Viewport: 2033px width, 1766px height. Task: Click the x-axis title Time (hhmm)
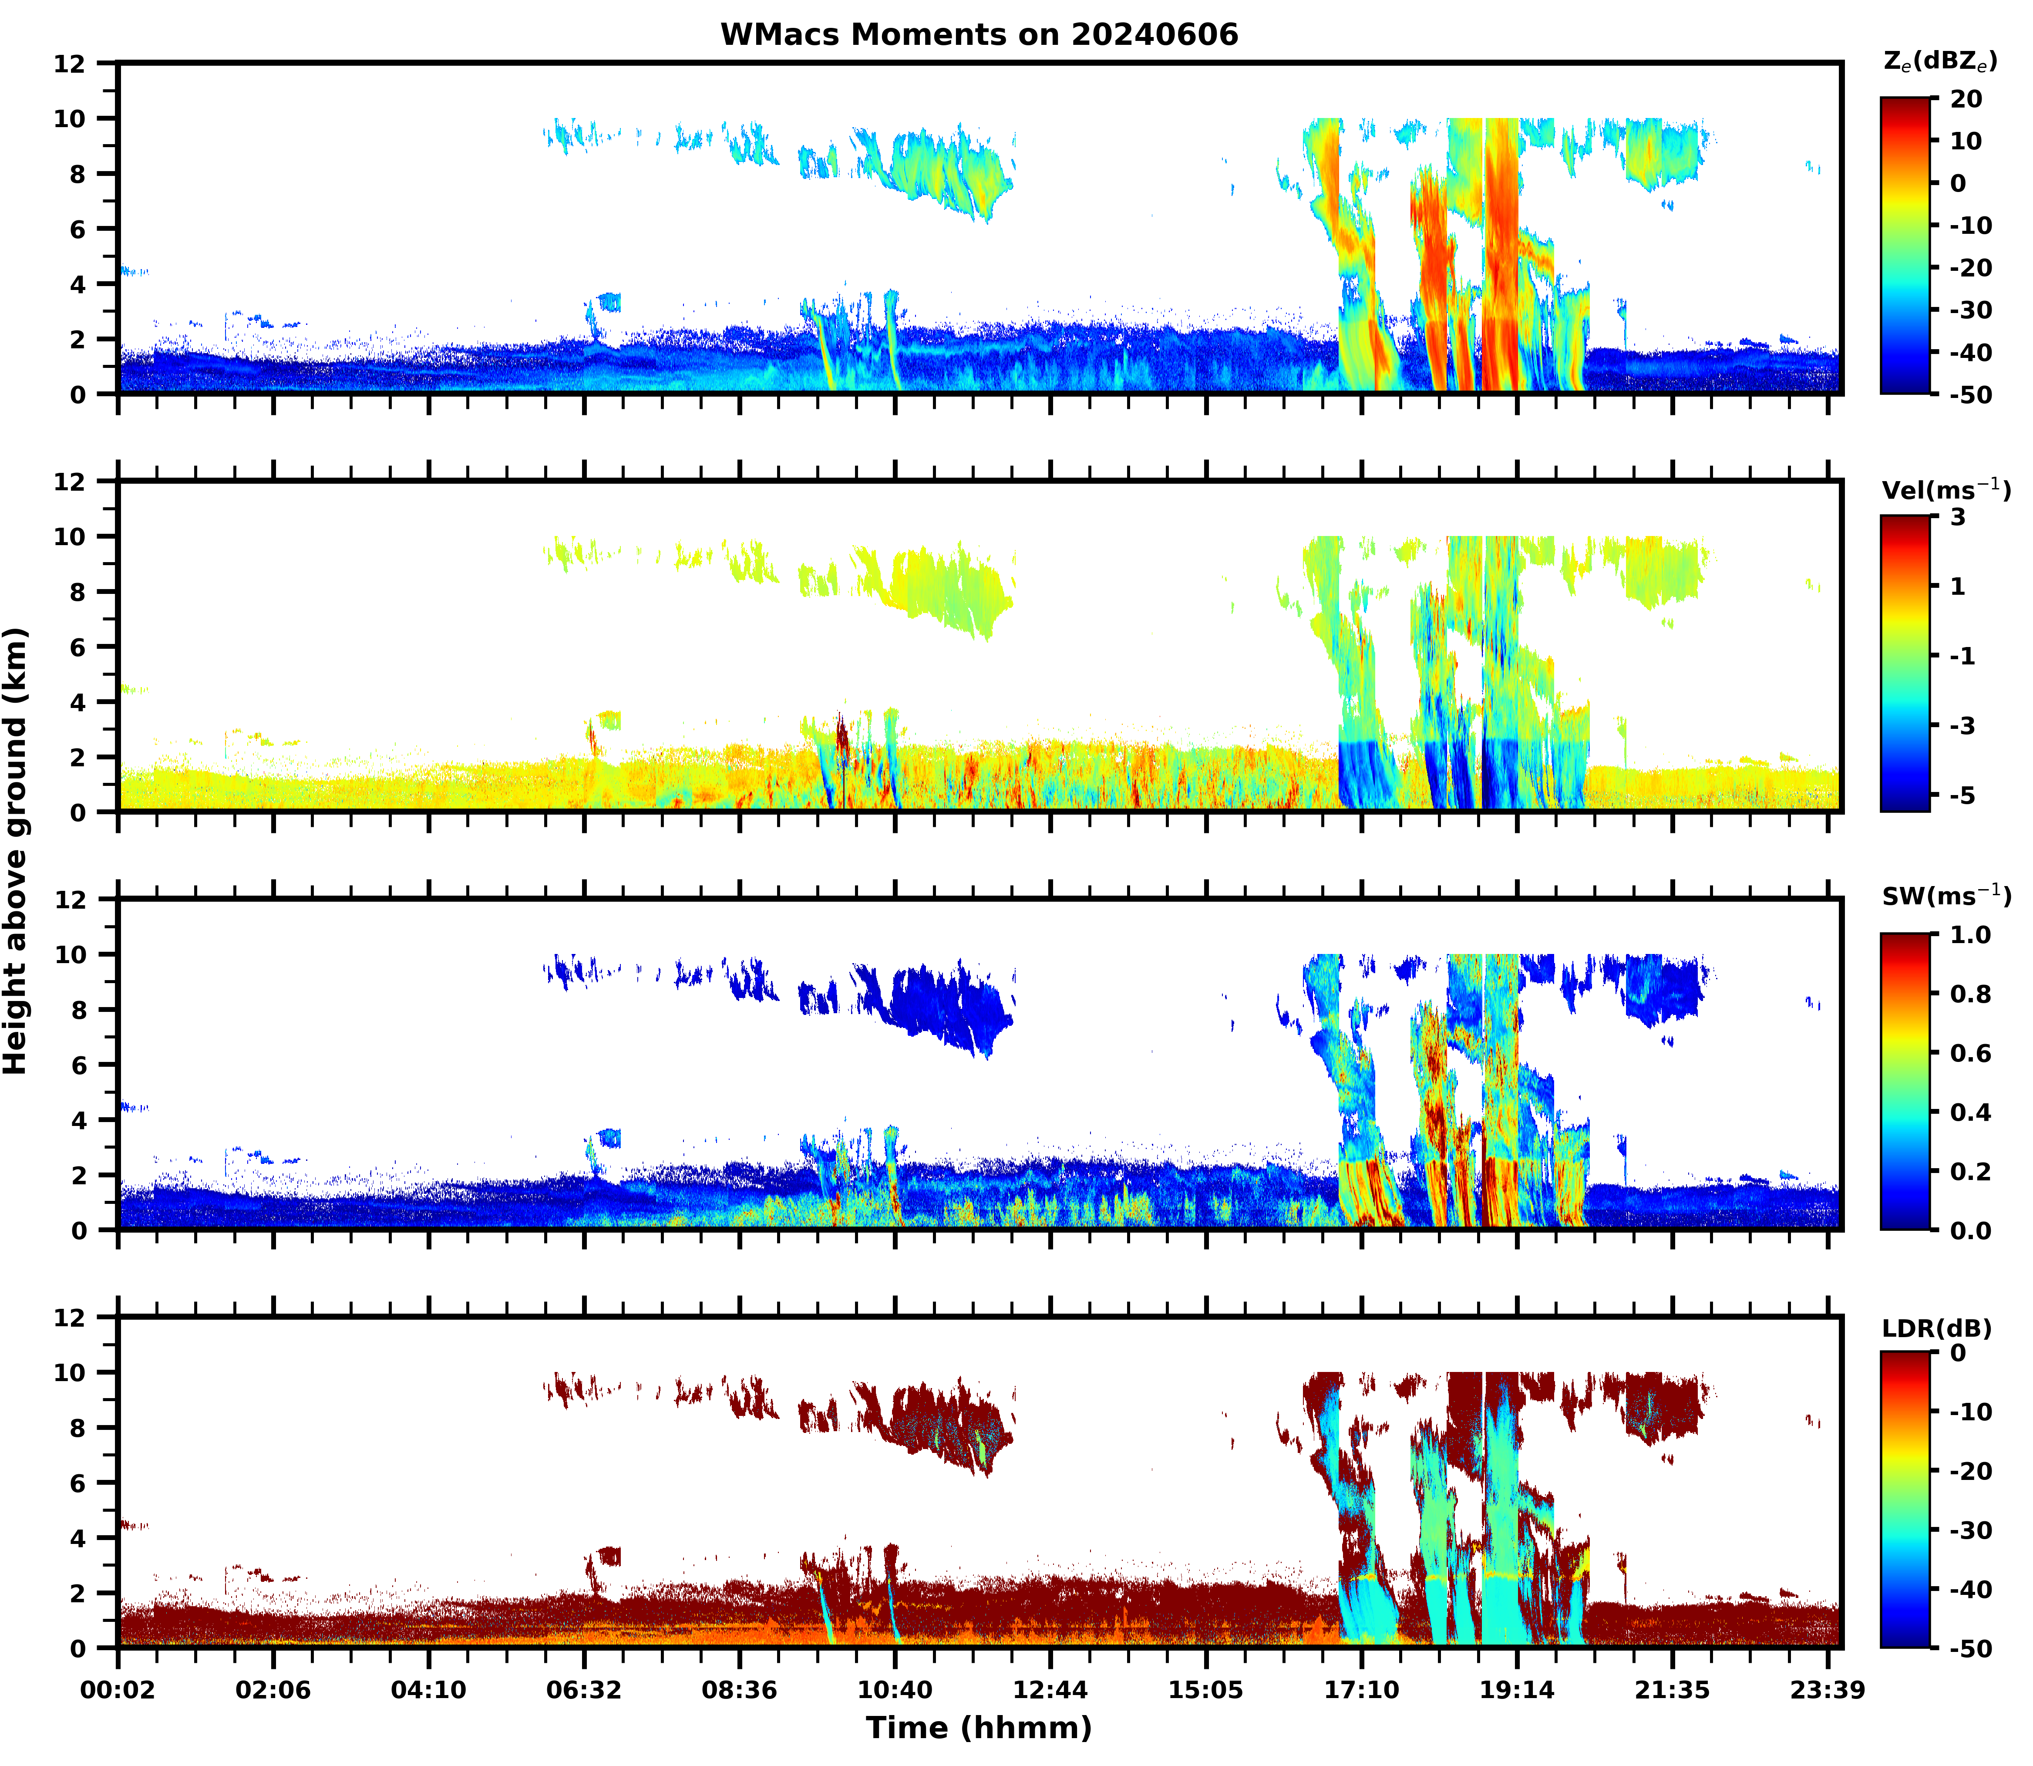979,1726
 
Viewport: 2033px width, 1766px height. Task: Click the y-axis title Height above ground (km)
16,852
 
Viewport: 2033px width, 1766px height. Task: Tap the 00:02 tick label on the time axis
118,1690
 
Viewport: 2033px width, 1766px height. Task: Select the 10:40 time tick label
895,1690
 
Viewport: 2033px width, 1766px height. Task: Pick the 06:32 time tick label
584,1690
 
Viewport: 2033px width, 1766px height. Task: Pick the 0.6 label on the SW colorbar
1971,1054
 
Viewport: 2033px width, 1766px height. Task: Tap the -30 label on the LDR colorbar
1970,1530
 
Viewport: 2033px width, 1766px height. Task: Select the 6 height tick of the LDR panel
78,1483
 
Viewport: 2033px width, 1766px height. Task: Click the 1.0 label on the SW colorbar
1971,935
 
